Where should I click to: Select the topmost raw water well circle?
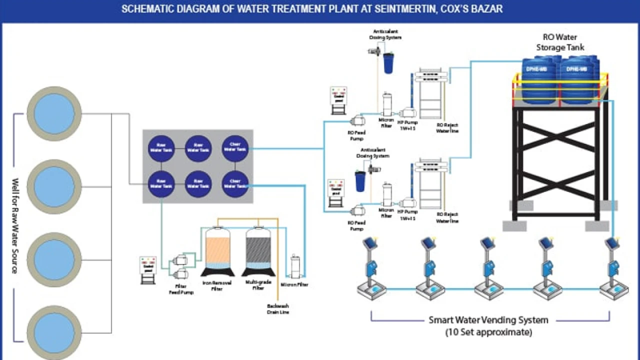tap(54, 114)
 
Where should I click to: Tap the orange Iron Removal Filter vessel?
tap(217, 250)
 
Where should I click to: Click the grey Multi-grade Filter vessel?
tap(258, 250)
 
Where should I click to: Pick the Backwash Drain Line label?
tap(277, 309)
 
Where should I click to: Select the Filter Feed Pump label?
tap(181, 289)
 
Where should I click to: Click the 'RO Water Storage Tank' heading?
tap(560, 42)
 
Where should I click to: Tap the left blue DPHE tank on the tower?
tap(537, 80)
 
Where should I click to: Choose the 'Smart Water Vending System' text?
tap(488, 320)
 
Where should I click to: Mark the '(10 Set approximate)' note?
tap(488, 332)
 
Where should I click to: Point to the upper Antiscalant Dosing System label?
tap(385, 34)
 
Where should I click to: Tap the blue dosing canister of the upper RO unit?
tap(387, 62)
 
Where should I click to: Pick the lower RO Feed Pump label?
tap(356, 225)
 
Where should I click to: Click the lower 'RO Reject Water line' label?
tap(447, 217)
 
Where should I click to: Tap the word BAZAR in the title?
tap(487, 9)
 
